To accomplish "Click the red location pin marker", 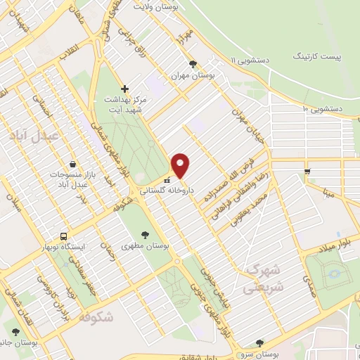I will point(181,165).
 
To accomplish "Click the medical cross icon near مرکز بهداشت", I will point(124,89).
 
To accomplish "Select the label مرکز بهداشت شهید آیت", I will point(124,105).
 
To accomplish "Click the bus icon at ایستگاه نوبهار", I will point(64,236).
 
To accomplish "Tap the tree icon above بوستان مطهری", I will point(146,234).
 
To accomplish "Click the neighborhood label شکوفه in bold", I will point(97,316).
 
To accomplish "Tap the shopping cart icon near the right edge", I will point(307,171).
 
